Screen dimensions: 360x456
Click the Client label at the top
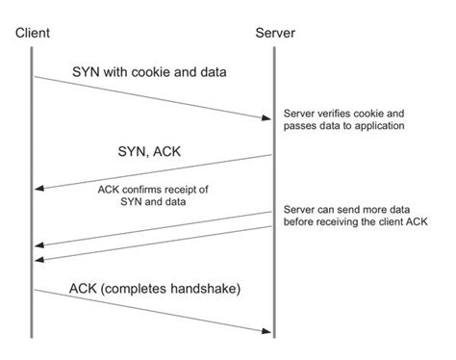pyautogui.click(x=34, y=35)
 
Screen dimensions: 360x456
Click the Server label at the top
pyautogui.click(x=275, y=35)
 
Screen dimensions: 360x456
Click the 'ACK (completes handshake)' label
pyautogui.click(x=153, y=289)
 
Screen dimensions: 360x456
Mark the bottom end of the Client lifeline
pyautogui.click(x=34, y=337)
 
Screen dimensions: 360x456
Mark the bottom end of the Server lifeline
pyautogui.click(x=274, y=337)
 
